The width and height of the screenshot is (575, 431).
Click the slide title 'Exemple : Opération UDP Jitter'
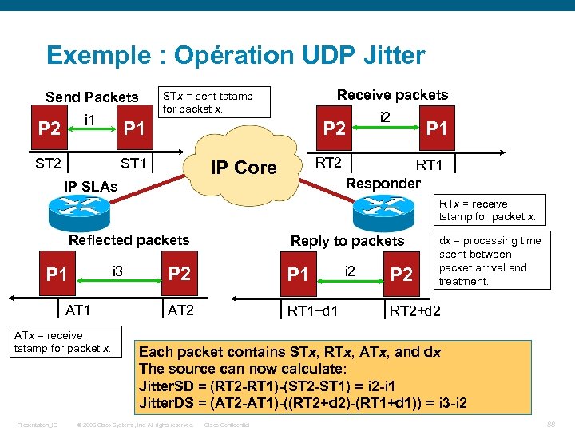pyautogui.click(x=236, y=55)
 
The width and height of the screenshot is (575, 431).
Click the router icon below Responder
pyautogui.click(x=383, y=210)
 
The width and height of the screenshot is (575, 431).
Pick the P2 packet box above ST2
pyautogui.click(x=50, y=129)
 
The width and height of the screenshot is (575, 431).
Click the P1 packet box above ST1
pyautogui.click(x=133, y=129)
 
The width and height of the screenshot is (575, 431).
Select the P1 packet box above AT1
pyautogui.click(x=57, y=275)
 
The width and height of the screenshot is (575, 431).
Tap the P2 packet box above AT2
pyautogui.click(x=180, y=274)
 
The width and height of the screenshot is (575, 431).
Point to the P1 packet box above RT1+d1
pyautogui.click(x=297, y=275)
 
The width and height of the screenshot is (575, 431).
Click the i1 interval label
pyautogui.click(x=90, y=120)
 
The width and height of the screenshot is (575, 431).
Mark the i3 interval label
pyautogui.click(x=119, y=271)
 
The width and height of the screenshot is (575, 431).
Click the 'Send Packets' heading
pyautogui.click(x=92, y=97)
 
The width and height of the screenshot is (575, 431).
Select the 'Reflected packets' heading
pyautogui.click(x=129, y=240)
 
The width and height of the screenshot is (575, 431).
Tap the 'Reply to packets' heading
pyautogui.click(x=347, y=241)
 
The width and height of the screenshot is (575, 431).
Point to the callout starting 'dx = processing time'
pyautogui.click(x=490, y=261)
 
